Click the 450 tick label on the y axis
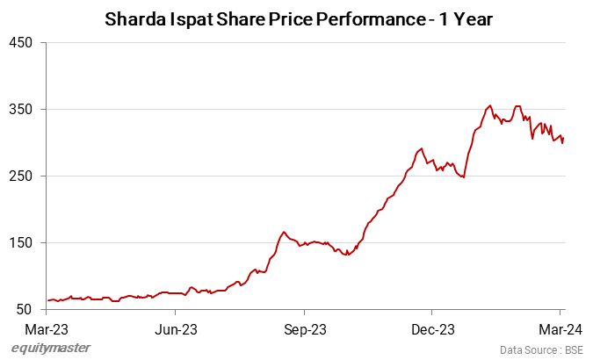[21, 42]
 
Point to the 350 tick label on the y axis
[21, 109]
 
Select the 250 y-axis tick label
[21, 176]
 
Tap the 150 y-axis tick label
[21, 242]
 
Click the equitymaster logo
[51, 348]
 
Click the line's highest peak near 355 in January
[489, 105]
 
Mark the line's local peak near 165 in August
[284, 232]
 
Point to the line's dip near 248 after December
[463, 177]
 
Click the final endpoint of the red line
[563, 138]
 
